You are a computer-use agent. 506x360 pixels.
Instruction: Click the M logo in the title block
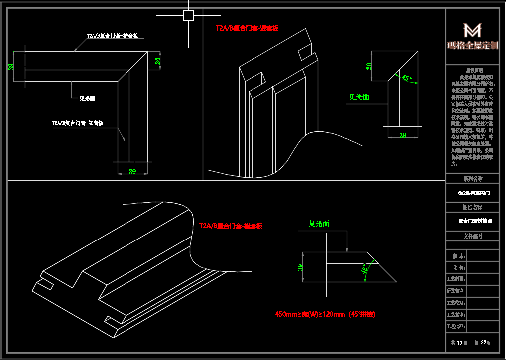coord(472,31)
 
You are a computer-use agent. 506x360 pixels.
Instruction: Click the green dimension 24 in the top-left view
coord(158,61)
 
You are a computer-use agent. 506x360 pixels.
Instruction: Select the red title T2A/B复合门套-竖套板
coord(247,28)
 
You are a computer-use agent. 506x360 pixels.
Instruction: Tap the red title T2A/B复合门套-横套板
coord(231,226)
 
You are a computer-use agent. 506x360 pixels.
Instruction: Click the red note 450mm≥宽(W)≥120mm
coord(325,314)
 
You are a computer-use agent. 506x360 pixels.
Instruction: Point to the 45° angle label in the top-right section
coord(406,78)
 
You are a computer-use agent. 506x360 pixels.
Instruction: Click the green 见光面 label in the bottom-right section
coord(319,224)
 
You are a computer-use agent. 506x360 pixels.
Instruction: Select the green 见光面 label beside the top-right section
coord(359,97)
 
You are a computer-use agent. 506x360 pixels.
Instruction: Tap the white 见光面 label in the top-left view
coord(87,99)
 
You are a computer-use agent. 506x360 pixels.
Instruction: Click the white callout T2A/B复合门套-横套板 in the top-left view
coord(113,36)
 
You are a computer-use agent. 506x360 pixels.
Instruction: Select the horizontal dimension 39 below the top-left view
coord(132,172)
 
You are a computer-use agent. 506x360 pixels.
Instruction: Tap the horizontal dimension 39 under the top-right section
coord(403,135)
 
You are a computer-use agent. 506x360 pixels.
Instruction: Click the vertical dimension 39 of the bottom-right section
coord(300,267)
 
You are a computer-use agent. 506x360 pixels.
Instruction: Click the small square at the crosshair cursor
coord(188,16)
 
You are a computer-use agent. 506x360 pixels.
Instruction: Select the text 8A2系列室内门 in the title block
coord(472,192)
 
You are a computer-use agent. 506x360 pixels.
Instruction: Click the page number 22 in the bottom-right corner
coord(483,343)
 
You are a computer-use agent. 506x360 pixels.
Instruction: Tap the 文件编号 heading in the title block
coord(472,236)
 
